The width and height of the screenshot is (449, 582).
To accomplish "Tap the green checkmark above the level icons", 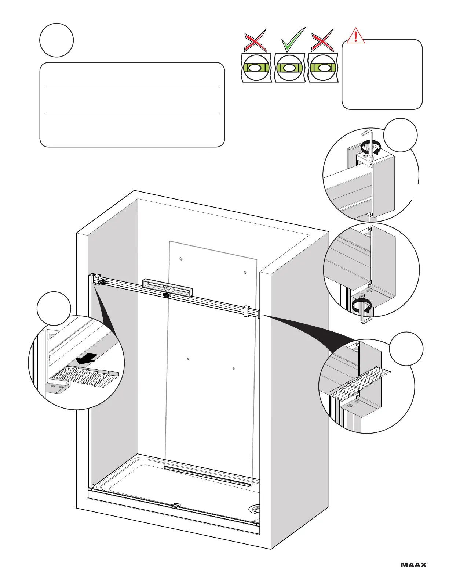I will tap(292, 40).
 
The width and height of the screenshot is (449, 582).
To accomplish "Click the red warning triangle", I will tap(355, 36).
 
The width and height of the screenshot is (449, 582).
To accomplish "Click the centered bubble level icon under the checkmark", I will tap(289, 68).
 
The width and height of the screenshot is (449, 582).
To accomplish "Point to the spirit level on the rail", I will tap(167, 287).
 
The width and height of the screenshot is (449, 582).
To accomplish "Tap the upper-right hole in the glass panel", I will tap(245, 272).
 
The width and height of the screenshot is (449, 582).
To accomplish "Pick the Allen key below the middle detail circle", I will tap(365, 312).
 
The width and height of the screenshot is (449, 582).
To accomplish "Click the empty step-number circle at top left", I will tap(56, 40).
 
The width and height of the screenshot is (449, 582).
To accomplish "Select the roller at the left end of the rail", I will tap(103, 282).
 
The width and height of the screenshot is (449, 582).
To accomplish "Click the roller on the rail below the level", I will tap(167, 296).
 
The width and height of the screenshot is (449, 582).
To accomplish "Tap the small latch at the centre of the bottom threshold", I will tap(176, 506).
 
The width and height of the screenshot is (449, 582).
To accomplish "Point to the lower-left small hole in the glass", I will tap(187, 358).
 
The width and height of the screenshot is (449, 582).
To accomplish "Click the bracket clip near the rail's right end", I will tap(247, 311).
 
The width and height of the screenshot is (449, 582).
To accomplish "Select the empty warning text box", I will tap(382, 75).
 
